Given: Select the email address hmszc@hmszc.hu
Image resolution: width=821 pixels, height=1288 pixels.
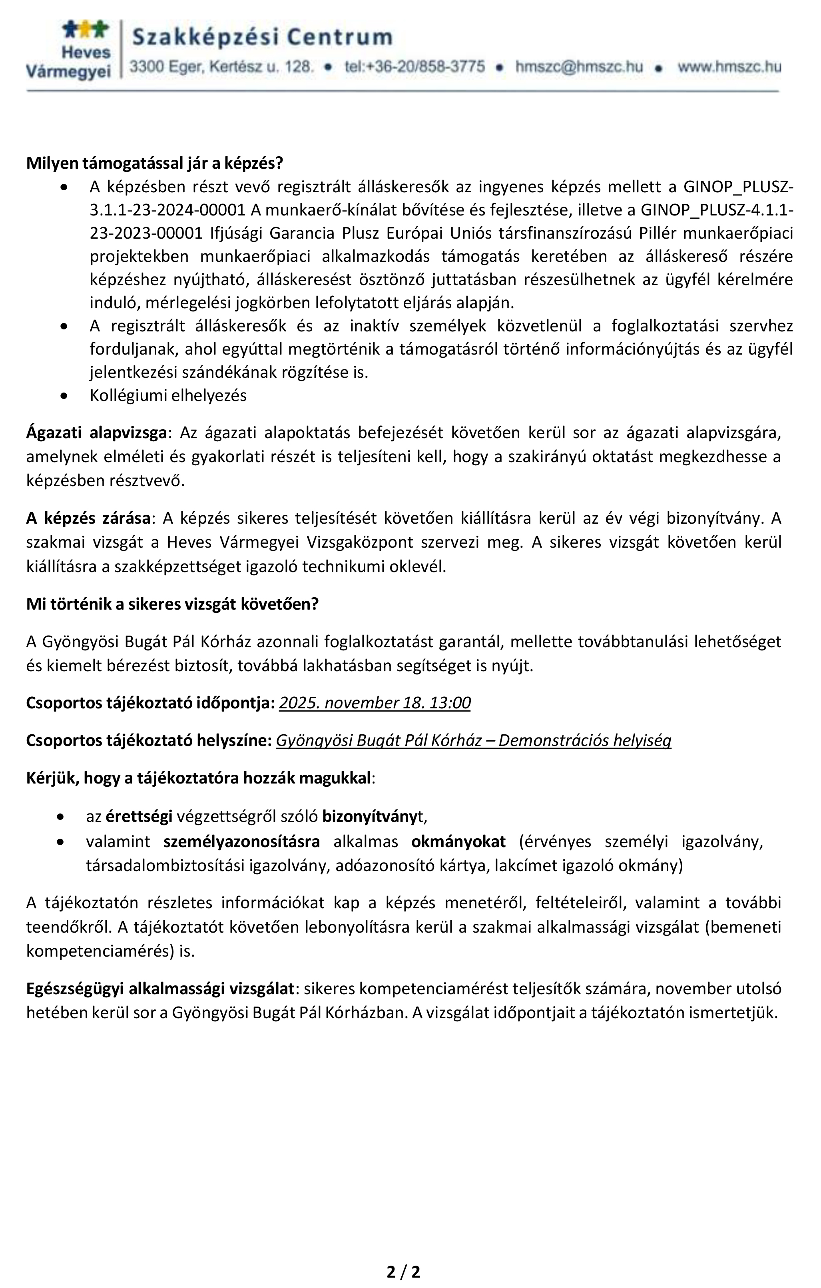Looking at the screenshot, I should pyautogui.click(x=579, y=67).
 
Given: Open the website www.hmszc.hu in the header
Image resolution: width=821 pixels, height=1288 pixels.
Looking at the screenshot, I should pyautogui.click(x=729, y=67).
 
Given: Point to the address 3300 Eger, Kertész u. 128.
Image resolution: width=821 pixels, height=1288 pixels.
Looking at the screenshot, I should pyautogui.click(x=221, y=67).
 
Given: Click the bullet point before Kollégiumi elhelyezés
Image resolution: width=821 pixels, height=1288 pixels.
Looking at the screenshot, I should pyautogui.click(x=64, y=396).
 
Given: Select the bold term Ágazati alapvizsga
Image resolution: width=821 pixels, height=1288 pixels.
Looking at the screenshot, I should pyautogui.click(x=96, y=433).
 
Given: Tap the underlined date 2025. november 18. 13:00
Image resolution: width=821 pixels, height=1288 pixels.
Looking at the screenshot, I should pyautogui.click(x=375, y=702).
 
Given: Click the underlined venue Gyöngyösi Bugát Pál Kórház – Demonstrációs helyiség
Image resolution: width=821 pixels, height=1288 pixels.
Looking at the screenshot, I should pyautogui.click(x=473, y=740).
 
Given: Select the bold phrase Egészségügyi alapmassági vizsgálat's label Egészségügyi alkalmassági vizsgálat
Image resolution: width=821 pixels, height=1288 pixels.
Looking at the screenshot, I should pyautogui.click(x=160, y=989).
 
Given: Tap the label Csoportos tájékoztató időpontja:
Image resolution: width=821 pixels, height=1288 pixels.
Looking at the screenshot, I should pyautogui.click(x=150, y=702).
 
